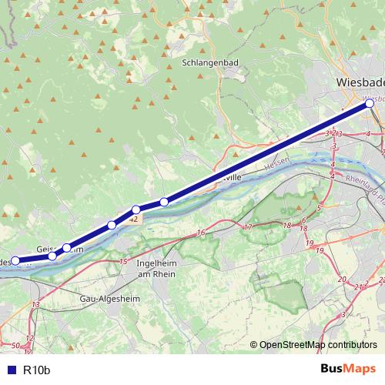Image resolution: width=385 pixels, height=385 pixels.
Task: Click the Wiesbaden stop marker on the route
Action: click(370, 103)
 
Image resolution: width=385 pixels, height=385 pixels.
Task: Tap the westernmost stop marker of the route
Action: click(15, 261)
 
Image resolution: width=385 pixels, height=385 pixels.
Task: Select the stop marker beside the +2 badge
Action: click(136, 209)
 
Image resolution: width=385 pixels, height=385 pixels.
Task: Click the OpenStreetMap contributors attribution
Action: click(313, 345)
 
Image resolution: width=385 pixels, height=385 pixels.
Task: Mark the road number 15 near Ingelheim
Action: click(123, 263)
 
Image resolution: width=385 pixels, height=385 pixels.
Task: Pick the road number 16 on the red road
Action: click(202, 232)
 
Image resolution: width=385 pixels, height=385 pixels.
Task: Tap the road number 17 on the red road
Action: click(247, 227)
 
